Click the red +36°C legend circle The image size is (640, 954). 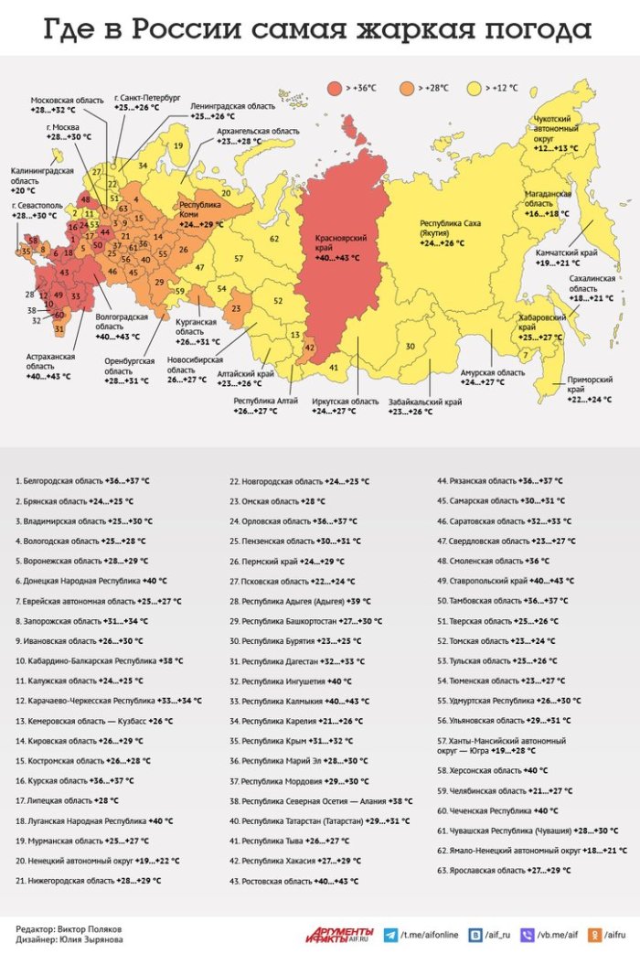click(335, 88)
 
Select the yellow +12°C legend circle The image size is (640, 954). click(475, 88)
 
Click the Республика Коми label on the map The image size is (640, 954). click(200, 214)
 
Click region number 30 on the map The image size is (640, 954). click(411, 345)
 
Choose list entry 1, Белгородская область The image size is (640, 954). click(82, 480)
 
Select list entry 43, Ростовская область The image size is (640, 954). click(293, 882)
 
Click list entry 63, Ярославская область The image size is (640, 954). click(498, 871)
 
